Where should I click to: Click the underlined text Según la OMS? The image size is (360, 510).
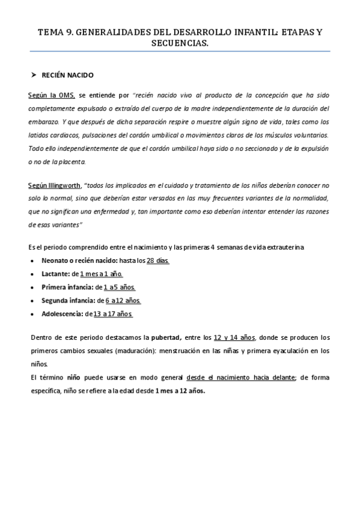(52, 96)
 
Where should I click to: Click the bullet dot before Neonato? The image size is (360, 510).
(31, 260)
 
